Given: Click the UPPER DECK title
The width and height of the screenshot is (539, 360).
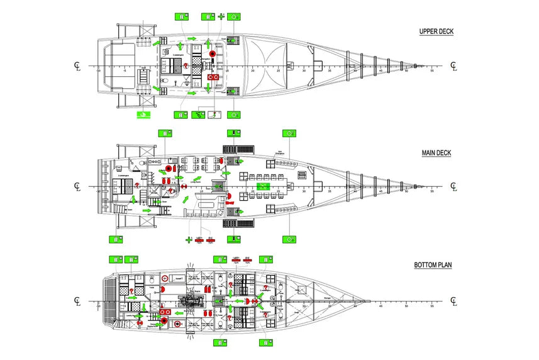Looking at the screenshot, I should [x=436, y=31].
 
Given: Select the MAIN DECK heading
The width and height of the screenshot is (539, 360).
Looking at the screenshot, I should [x=436, y=153].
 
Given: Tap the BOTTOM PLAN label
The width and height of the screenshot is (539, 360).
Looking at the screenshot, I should [x=433, y=265].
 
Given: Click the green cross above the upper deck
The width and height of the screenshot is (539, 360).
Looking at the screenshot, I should [x=221, y=16].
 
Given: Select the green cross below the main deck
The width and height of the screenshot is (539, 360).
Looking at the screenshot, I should [x=188, y=239].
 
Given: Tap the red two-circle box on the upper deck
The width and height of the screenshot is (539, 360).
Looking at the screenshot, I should [x=213, y=76].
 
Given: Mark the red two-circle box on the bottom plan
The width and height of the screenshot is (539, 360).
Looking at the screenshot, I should [x=165, y=312].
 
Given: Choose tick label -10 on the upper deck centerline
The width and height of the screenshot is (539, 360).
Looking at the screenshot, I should [x=98, y=70].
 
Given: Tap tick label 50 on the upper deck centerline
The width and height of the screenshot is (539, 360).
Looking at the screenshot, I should [x=406, y=70].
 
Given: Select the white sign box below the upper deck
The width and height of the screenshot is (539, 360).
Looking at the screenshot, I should [x=215, y=115].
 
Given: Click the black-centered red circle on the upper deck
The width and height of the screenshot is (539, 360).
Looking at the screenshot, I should [x=213, y=54].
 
